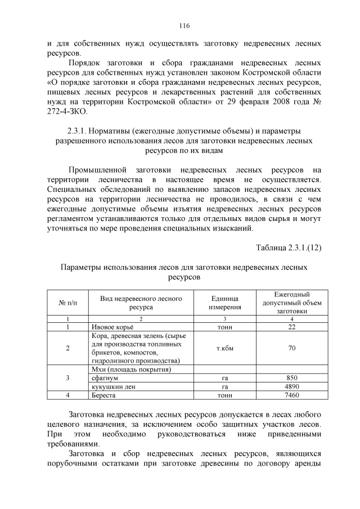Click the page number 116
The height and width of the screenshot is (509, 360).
[x=184, y=26]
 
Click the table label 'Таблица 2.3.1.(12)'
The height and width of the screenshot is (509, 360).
[x=289, y=247]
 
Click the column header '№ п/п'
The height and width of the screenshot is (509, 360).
[x=67, y=303]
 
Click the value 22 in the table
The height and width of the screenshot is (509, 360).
[x=291, y=327]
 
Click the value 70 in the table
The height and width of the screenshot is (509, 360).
[x=291, y=348]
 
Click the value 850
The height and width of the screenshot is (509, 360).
[x=291, y=378]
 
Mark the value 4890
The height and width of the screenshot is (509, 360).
[x=291, y=387]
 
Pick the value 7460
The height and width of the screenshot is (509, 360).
[x=291, y=396]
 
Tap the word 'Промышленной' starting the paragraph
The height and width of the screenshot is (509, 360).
[x=97, y=170]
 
